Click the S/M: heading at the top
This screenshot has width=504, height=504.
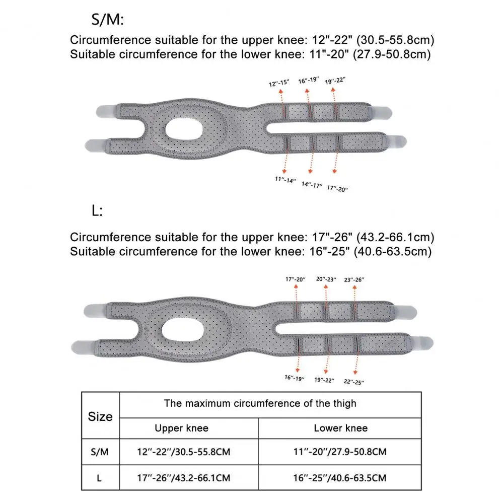(107, 21)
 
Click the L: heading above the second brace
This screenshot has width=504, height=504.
(97, 211)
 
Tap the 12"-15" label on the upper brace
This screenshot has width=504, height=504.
(280, 83)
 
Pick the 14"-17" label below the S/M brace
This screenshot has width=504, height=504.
(312, 184)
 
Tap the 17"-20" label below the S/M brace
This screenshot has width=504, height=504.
(337, 188)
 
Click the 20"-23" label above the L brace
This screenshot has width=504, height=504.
(326, 279)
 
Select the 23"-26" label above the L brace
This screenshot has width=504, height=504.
(354, 279)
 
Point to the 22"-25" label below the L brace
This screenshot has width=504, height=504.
(353, 381)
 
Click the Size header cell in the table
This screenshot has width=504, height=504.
(100, 416)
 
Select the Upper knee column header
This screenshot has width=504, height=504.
(181, 428)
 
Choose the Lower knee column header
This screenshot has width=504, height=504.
(340, 428)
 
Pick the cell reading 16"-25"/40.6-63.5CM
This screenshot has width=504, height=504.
(340, 477)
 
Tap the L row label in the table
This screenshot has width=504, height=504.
(99, 477)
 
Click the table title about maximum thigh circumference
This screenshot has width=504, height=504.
(260, 403)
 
